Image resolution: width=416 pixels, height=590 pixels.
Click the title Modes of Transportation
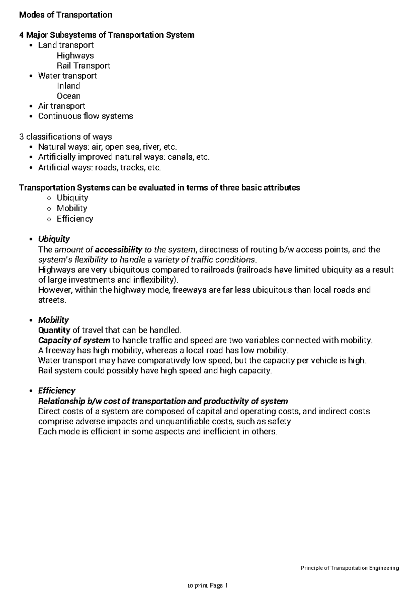click(x=66, y=15)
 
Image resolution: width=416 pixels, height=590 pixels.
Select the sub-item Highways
click(x=75, y=56)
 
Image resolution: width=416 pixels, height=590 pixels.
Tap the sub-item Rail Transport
click(x=83, y=66)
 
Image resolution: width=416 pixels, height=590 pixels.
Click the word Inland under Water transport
click(x=68, y=86)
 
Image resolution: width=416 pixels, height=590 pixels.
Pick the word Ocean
click(x=69, y=96)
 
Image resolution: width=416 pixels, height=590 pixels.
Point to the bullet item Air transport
click(x=61, y=106)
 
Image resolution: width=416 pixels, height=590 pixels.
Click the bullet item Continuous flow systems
click(x=85, y=116)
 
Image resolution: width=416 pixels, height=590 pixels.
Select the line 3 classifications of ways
click(x=66, y=136)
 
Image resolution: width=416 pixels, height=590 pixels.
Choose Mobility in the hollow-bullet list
click(x=72, y=208)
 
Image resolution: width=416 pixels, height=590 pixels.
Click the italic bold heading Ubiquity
click(x=54, y=239)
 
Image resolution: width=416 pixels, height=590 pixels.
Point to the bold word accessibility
click(x=119, y=250)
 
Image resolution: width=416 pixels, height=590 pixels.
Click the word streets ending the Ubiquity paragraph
click(x=51, y=300)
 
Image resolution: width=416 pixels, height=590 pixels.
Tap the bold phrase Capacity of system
click(x=74, y=340)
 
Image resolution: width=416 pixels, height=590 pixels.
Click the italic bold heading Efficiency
click(x=57, y=391)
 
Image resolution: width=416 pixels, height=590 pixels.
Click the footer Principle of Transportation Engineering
click(x=350, y=568)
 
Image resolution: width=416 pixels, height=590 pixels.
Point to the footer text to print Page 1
click(x=207, y=586)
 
